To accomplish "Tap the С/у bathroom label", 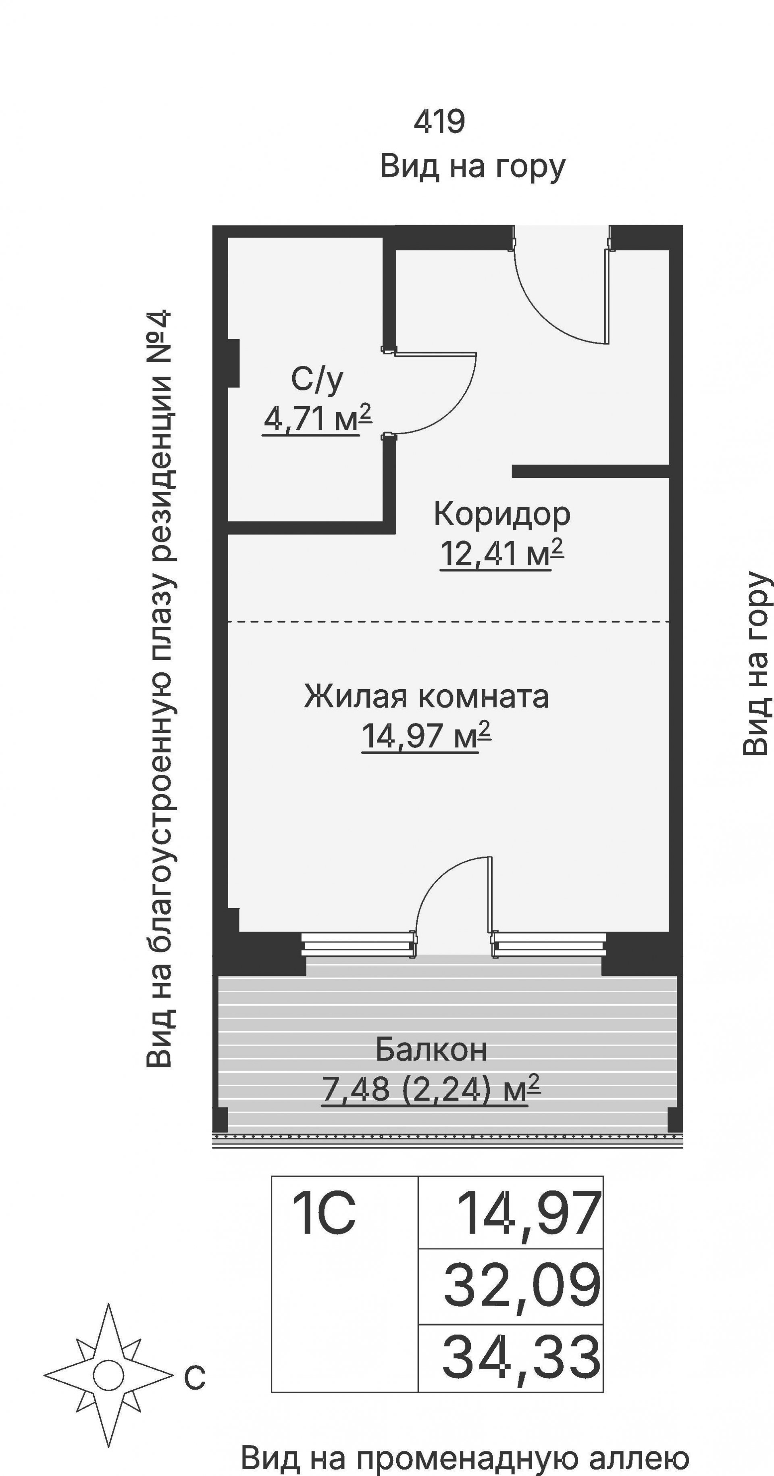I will [x=317, y=379].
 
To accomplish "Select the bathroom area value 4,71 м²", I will [x=317, y=419].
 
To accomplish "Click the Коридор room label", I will [x=502, y=514].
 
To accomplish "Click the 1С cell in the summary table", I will [x=324, y=1213].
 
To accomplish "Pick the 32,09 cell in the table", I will [x=521, y=1286].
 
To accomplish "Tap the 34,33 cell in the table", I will [x=521, y=1357].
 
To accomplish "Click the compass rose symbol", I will [x=108, y=1375].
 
